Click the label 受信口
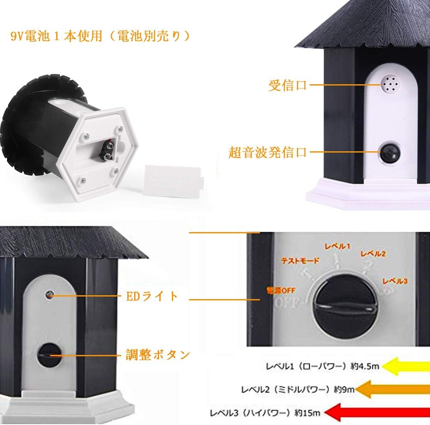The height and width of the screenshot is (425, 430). pyautogui.click(x=287, y=85)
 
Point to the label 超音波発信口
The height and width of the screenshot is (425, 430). pyautogui.click(x=268, y=152)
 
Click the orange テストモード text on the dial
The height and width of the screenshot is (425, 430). pyautogui.click(x=300, y=261)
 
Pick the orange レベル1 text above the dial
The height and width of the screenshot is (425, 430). pyautogui.click(x=337, y=246)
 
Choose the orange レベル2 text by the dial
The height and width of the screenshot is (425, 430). pyautogui.click(x=373, y=254)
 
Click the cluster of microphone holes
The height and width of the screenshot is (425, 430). pyautogui.click(x=389, y=83)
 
